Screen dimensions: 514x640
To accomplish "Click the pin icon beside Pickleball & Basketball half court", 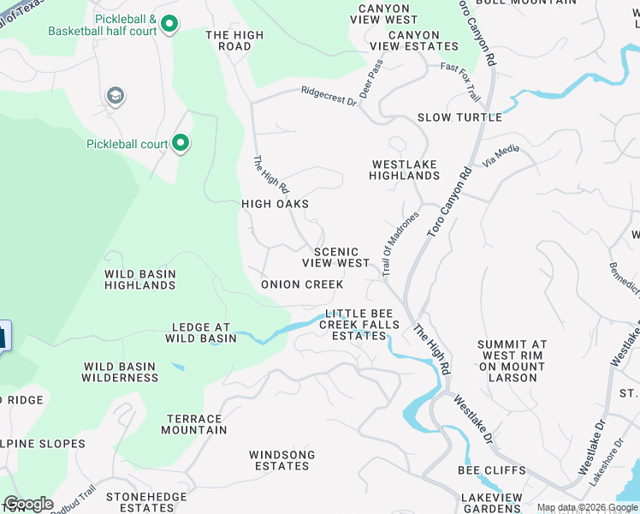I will tap(169, 24).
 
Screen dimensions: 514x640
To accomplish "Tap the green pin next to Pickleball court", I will tap(181, 143).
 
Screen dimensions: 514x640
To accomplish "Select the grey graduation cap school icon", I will tap(114, 95).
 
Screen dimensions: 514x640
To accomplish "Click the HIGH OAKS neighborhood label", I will tap(275, 204).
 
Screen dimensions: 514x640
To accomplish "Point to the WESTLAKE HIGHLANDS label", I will tap(404, 170).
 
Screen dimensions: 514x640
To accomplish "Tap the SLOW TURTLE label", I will tap(453, 117).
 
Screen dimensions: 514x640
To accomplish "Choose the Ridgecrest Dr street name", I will tap(328, 95).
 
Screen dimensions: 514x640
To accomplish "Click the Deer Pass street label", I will tap(370, 78).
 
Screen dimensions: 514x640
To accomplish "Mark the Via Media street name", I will tap(501, 153).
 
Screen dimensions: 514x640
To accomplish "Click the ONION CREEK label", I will tap(302, 284).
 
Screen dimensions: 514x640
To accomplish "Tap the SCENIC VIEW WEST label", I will tap(341, 258).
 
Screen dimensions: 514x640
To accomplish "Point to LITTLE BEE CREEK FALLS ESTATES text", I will tap(359, 325).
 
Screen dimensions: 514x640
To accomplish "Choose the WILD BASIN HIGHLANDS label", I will tap(140, 280).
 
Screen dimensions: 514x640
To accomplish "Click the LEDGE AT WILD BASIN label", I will tap(204, 332).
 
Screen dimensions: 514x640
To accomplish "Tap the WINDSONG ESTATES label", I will tap(281, 460).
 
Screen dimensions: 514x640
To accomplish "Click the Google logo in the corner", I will tap(27, 504).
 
